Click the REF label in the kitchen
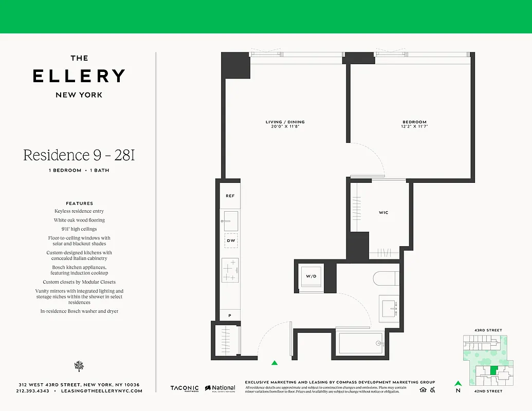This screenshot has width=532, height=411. [x=230, y=196]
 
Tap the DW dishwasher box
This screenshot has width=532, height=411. [x=230, y=240]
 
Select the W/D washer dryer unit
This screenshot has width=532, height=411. [x=311, y=276]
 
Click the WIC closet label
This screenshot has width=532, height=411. [x=383, y=212]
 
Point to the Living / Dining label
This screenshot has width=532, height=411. [x=285, y=122]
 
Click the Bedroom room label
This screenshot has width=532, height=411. [x=414, y=122]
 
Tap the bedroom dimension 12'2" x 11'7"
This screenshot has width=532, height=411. [x=414, y=126]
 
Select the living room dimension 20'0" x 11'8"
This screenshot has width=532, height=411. [x=285, y=126]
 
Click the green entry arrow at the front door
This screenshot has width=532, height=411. [x=274, y=363]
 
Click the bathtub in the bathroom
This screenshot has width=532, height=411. [x=360, y=343]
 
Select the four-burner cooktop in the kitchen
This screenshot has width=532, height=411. [x=230, y=270]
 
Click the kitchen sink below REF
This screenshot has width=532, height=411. [x=230, y=220]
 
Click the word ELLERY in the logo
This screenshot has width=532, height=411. [x=79, y=76]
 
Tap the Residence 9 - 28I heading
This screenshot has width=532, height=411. [x=79, y=155]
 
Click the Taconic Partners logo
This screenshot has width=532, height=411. [x=184, y=389]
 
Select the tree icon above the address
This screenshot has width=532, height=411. [x=79, y=366]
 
